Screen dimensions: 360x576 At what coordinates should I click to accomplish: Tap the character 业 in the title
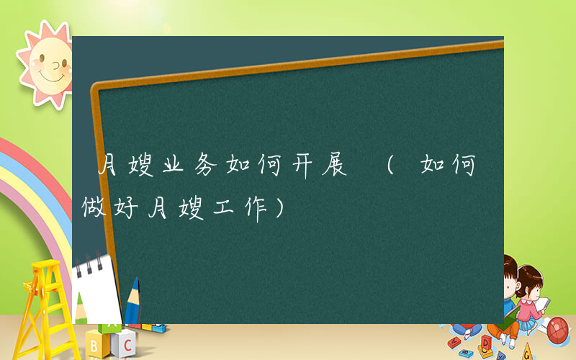[x=170, y=168]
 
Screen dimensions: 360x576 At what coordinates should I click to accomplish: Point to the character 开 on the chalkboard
[x=306, y=168]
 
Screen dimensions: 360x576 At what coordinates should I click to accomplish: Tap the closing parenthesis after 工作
[x=280, y=210]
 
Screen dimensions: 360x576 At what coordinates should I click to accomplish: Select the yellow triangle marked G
[x=530, y=352]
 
